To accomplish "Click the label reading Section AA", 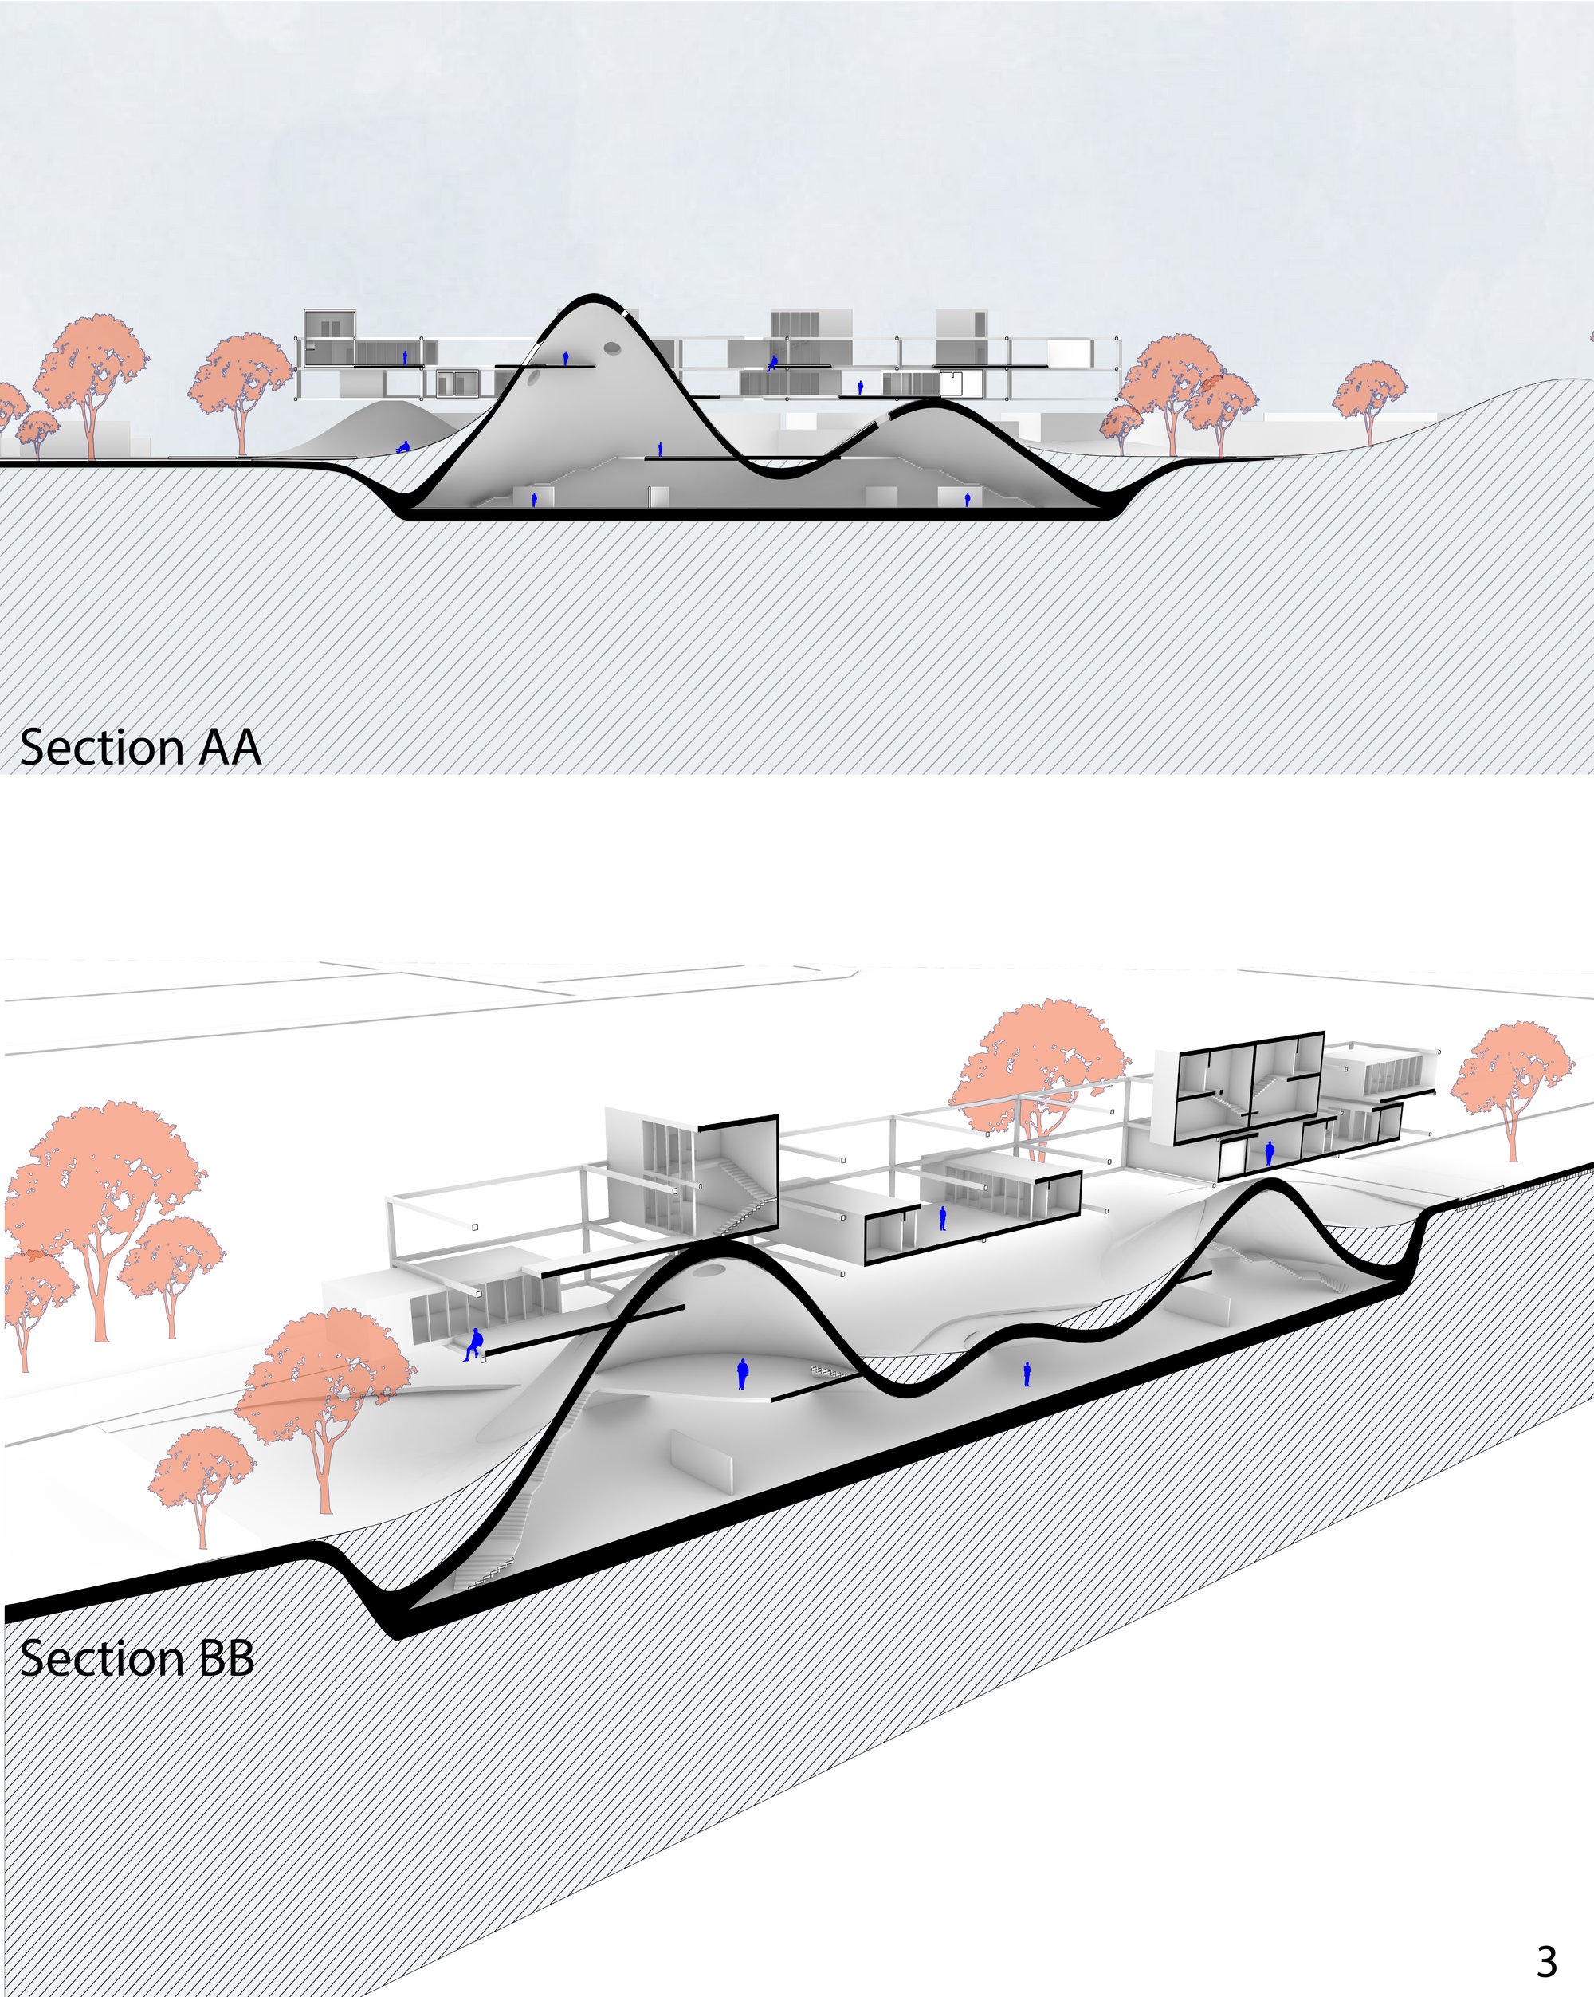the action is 139,748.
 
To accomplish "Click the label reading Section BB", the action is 137,1658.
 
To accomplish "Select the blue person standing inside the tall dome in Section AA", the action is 566,357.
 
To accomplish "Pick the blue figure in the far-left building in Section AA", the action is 405,356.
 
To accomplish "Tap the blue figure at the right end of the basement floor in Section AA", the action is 968,499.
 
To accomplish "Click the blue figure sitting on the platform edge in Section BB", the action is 474,1344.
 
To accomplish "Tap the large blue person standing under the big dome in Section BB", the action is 742,1374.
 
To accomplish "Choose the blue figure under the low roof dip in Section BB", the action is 1027,1374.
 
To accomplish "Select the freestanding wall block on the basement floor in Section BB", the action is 701,1461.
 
